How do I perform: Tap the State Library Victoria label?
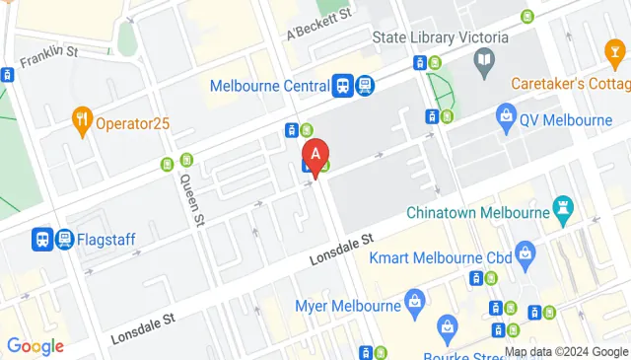click(441, 38)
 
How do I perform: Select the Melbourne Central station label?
click(269, 85)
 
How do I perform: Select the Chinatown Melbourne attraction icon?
click(563, 207)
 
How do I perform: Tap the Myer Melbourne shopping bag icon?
click(414, 299)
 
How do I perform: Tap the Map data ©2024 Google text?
click(566, 351)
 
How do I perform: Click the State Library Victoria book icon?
click(484, 63)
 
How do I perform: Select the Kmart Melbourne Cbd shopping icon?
click(526, 256)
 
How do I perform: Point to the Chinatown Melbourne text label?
click(478, 213)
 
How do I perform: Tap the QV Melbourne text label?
click(568, 120)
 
